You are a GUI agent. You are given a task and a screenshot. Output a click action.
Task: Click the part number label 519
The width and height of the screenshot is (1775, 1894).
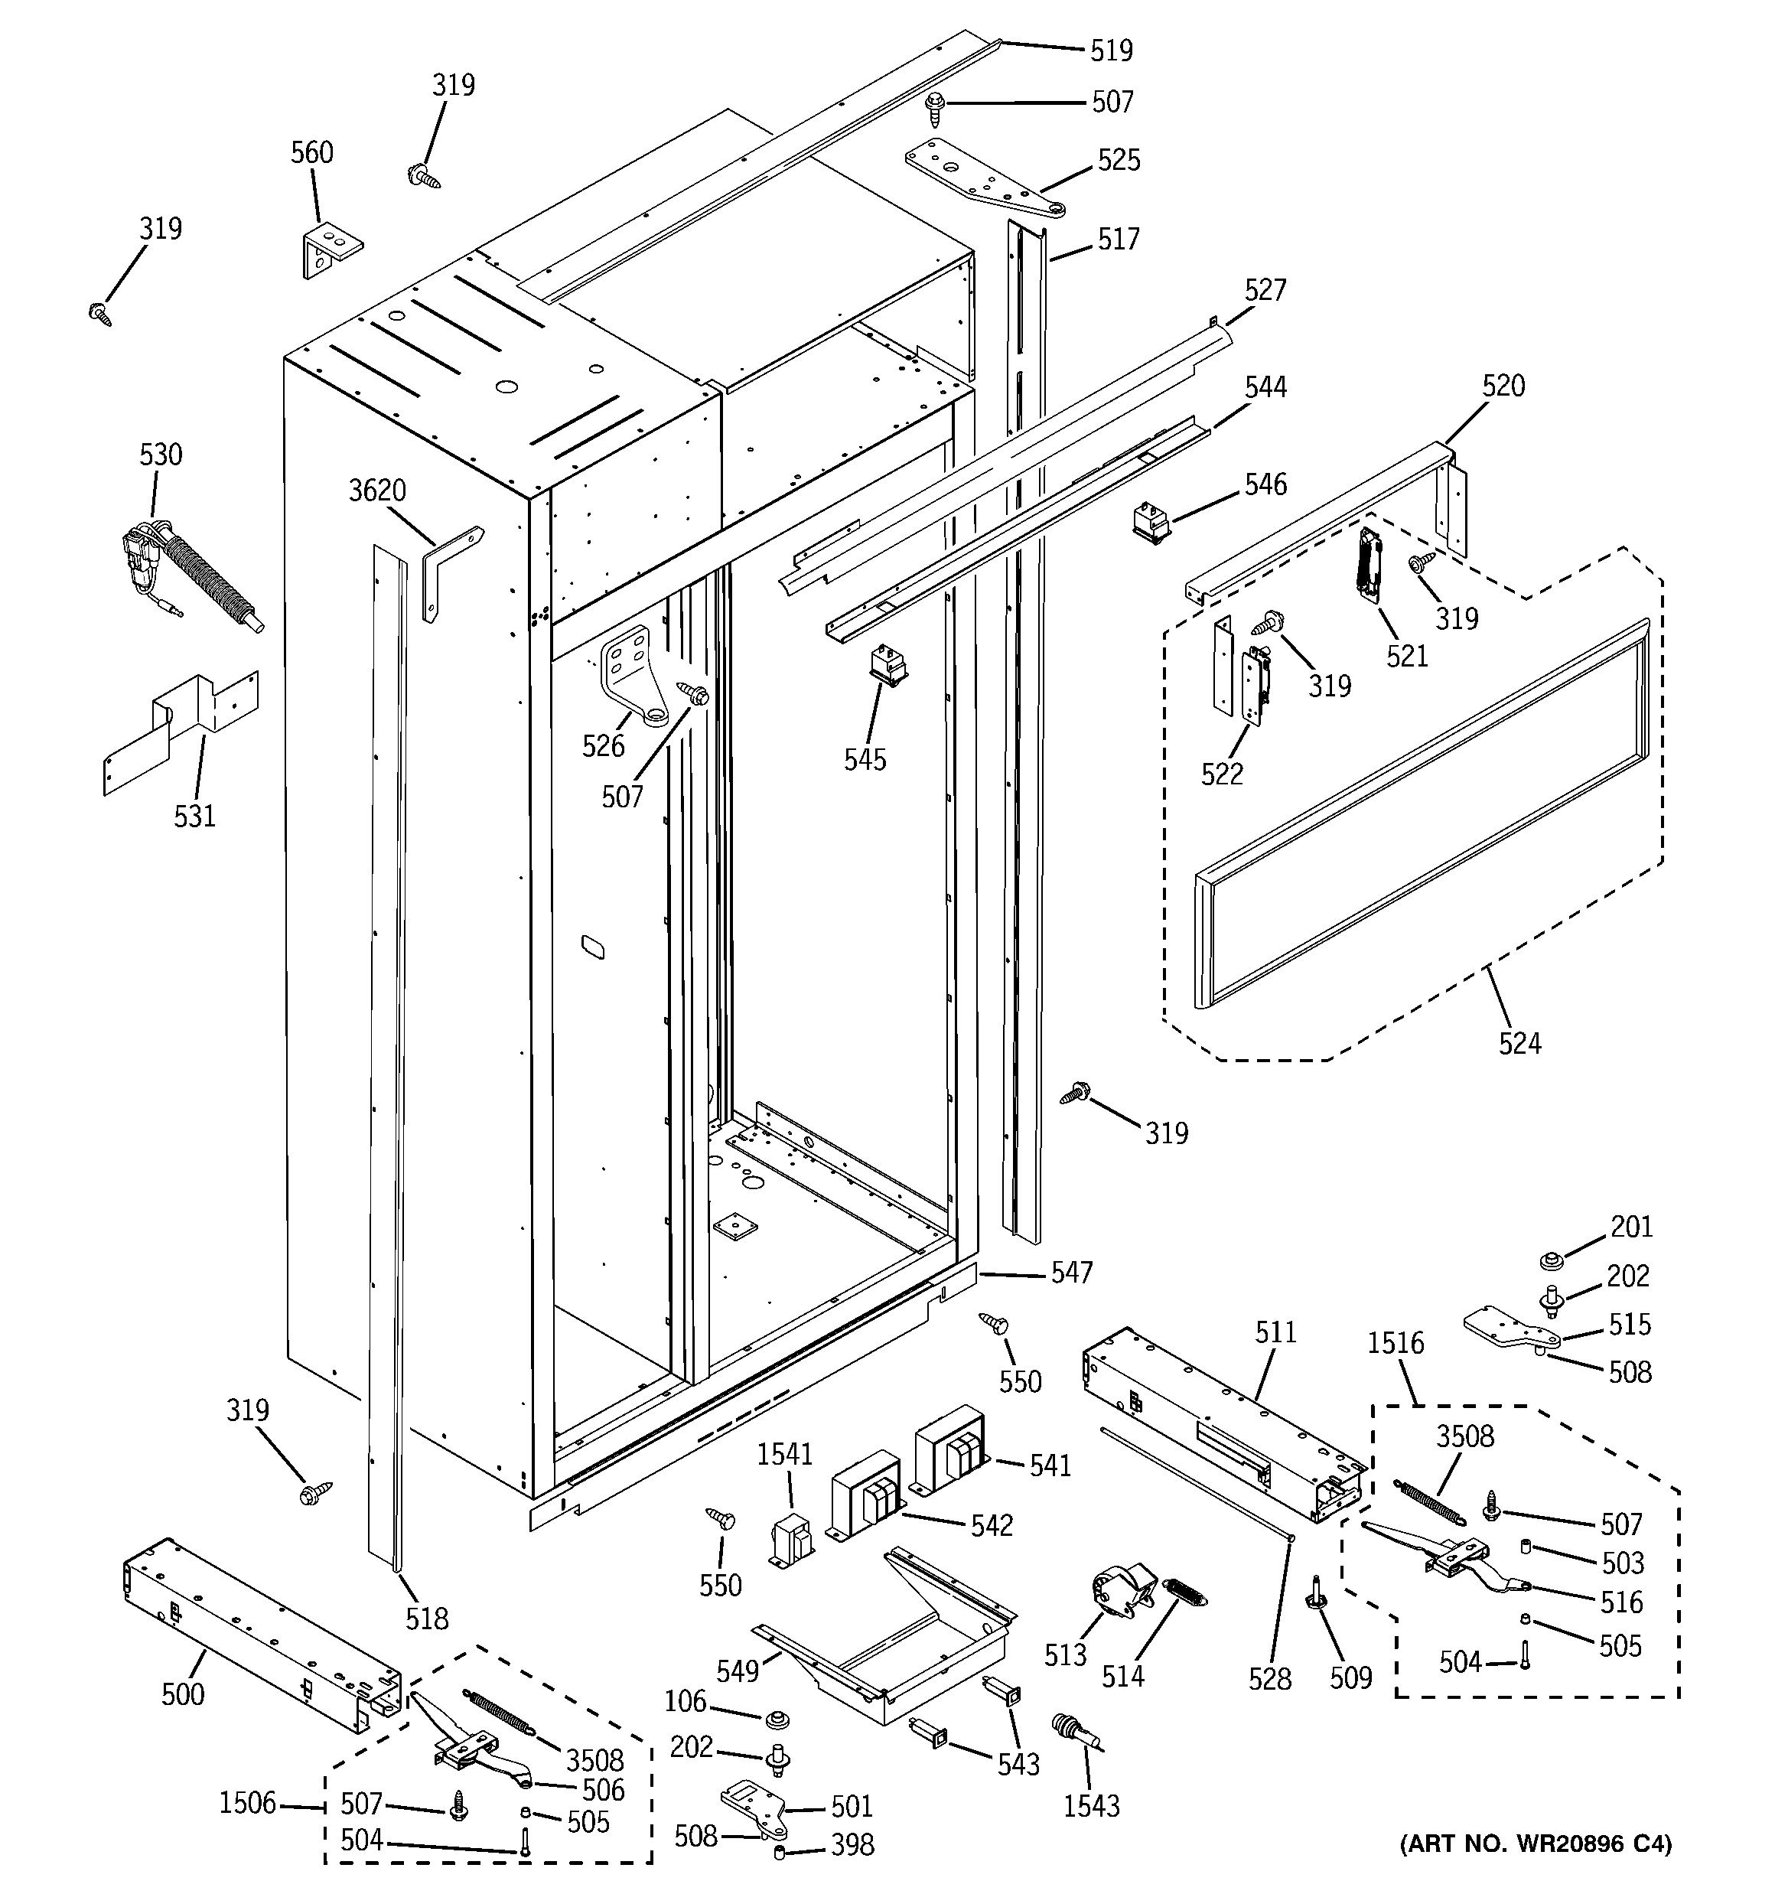coord(1111,50)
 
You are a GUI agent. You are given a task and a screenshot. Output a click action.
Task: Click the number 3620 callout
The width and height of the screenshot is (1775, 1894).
coord(377,491)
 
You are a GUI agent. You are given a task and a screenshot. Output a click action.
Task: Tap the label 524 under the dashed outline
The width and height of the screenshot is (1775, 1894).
coord(1519,1043)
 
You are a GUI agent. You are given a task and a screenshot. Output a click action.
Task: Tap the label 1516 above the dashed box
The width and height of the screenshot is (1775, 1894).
coord(1395,1343)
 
